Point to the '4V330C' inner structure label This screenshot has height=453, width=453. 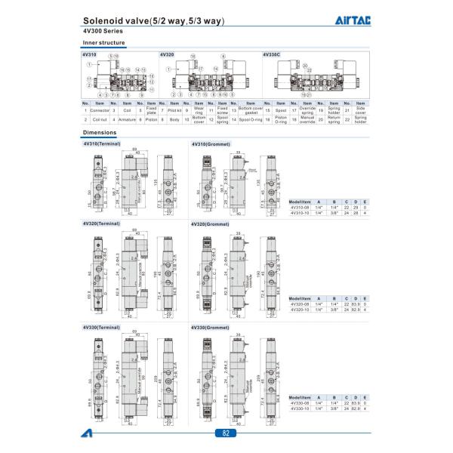click(271, 54)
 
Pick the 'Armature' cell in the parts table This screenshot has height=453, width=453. click(128, 119)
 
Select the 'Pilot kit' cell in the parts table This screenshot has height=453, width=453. click(176, 110)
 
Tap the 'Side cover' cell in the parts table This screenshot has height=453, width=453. click(361, 110)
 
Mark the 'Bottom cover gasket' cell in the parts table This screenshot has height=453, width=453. click(251, 110)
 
